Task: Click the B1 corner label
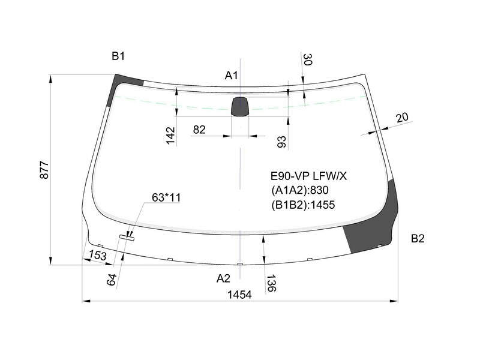[118, 56]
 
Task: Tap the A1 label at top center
[231, 76]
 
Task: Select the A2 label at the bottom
[223, 278]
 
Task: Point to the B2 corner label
[418, 238]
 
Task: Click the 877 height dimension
[44, 170]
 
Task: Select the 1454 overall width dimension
[239, 295]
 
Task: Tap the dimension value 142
[170, 136]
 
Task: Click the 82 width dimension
[199, 130]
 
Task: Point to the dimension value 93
[281, 142]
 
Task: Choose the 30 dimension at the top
[307, 59]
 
